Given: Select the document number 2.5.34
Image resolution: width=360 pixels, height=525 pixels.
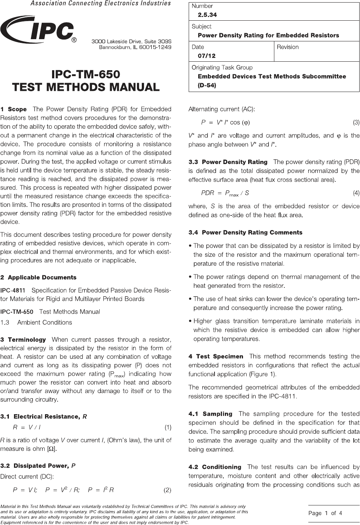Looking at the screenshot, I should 207,15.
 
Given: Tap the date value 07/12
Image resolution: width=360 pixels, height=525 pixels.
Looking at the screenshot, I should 207,56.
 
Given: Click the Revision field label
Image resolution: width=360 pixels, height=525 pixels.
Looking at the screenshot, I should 288,47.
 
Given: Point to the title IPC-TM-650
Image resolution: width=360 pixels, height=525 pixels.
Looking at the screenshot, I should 86,74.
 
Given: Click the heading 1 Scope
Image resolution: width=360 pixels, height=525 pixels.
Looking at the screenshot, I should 14,109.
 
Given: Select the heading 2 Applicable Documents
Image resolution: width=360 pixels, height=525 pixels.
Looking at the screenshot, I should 38,277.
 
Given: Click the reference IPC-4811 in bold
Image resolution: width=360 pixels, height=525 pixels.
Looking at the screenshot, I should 13,290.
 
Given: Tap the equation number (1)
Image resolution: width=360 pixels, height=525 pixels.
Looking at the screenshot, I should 168,427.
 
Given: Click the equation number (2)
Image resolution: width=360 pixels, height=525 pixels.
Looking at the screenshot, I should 168,490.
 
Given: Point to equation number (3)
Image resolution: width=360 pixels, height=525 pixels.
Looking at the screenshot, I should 356,122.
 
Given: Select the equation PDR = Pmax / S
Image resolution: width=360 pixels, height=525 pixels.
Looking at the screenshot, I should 225,193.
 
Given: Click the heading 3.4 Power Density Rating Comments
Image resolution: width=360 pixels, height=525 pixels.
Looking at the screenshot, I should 245,232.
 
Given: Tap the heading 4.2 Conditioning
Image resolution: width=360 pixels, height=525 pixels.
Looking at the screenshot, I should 215,467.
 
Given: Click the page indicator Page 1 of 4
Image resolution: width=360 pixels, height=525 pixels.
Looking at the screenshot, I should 325,513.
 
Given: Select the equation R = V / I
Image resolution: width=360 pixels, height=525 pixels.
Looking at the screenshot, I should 27,427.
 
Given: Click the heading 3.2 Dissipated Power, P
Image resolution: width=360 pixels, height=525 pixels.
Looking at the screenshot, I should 38,466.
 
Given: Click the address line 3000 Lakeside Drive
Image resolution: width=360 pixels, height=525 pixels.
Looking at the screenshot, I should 131,41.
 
